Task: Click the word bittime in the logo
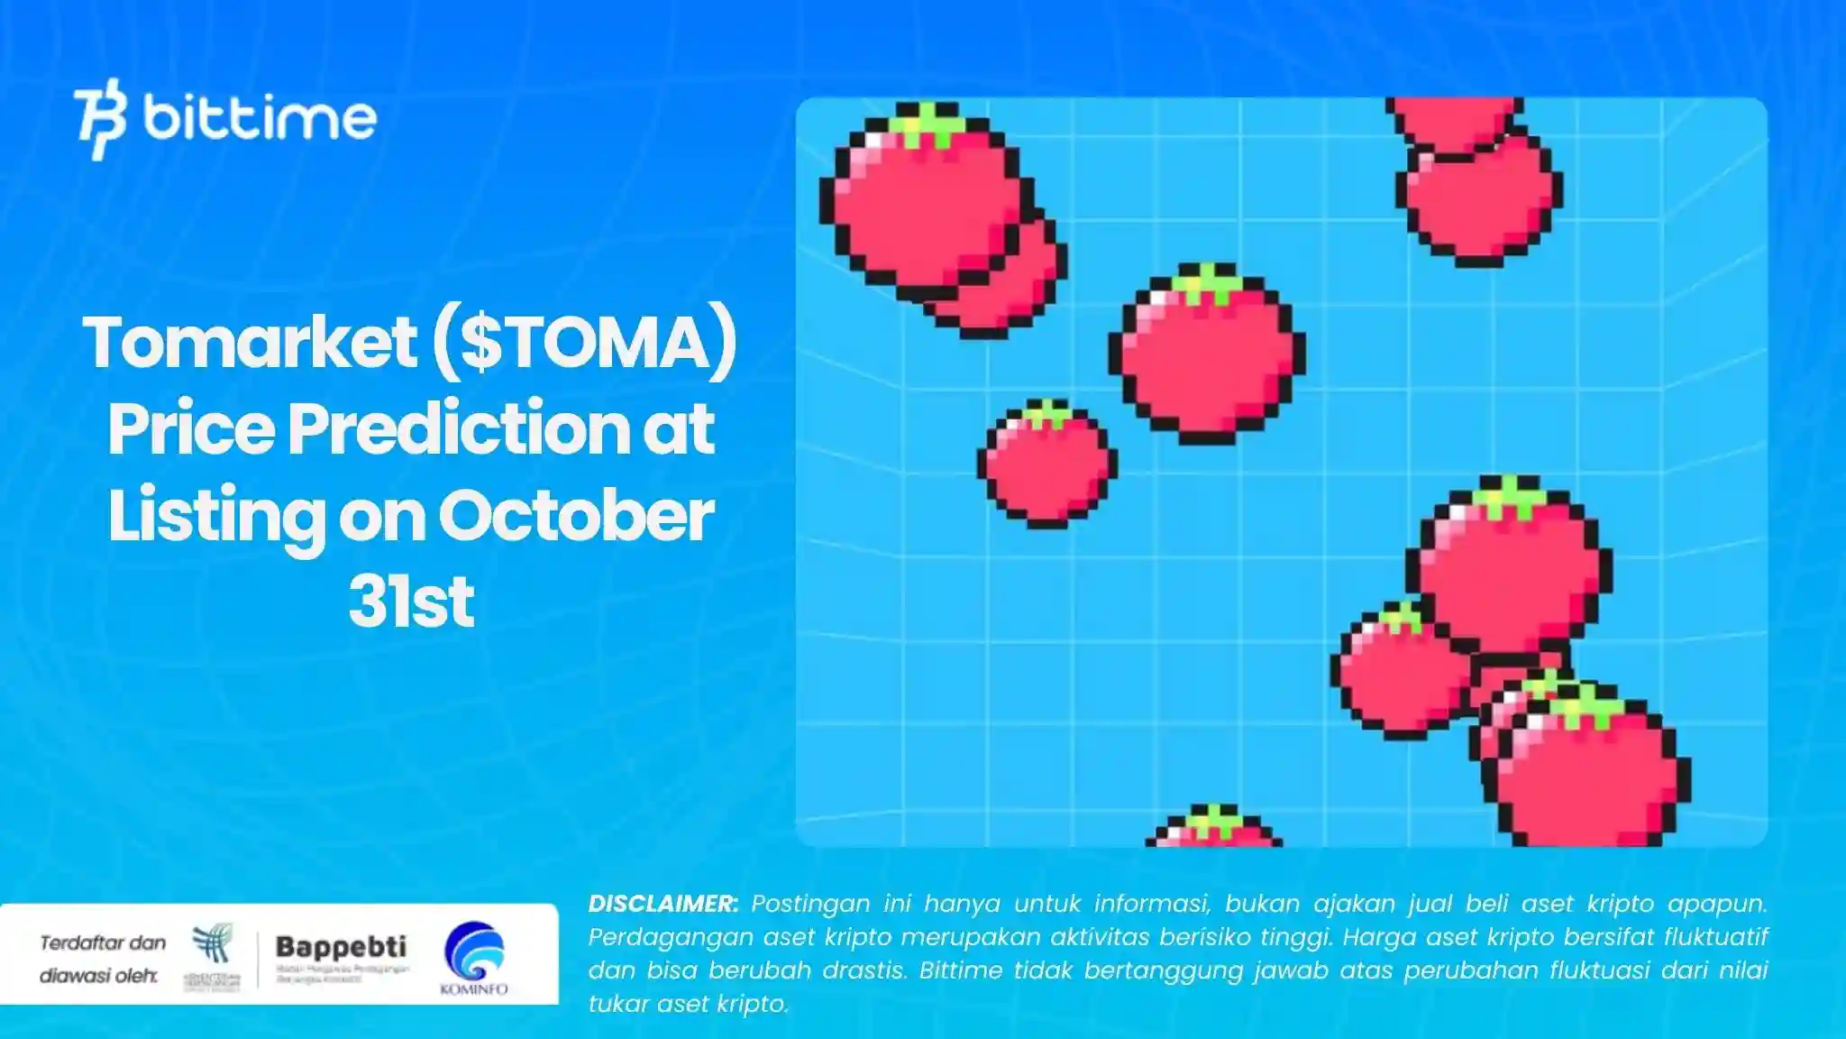click(260, 118)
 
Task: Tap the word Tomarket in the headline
click(250, 343)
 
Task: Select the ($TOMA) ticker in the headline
click(584, 343)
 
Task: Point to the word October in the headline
click(576, 516)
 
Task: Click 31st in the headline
click(411, 602)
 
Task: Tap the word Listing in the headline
click(216, 516)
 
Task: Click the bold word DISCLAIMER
click(663, 904)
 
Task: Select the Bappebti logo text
click(341, 947)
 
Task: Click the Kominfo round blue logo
click(474, 951)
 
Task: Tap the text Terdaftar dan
click(103, 942)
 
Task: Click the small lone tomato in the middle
click(1047, 464)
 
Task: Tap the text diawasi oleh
click(98, 976)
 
